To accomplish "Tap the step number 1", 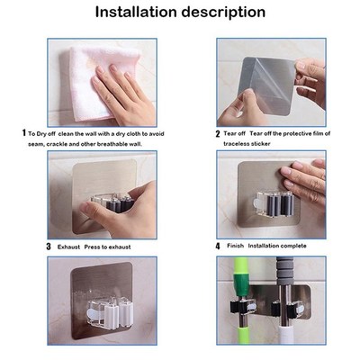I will [x=24, y=132].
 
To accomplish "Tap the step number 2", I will [x=218, y=133].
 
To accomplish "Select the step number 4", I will [x=218, y=245].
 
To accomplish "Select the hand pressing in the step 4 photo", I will [x=306, y=180].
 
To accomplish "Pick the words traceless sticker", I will [x=247, y=143].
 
